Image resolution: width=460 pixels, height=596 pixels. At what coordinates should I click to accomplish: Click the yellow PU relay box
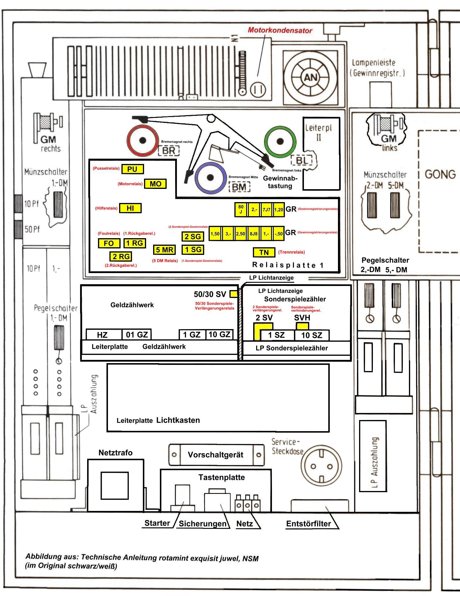pos(133,169)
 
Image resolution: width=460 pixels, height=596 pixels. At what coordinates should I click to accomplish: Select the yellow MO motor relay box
pos(155,184)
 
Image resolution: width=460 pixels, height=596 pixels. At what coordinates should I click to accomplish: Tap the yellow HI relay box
pos(130,208)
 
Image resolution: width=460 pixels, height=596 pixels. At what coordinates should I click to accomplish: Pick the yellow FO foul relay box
pos(109,243)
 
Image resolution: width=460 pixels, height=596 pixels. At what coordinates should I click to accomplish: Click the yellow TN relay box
pos(264,252)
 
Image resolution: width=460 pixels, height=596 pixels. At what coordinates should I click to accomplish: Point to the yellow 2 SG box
pos(192,236)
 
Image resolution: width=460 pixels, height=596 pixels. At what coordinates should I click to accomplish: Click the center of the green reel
pos(280,141)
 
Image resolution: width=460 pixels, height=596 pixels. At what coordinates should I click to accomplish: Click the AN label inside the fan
pos(310,77)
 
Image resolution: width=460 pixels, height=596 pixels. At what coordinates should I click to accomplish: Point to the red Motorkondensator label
pos(280,31)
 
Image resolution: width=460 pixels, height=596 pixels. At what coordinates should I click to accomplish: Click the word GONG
pos(440,175)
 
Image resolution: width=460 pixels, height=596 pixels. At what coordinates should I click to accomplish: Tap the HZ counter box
pos(102,335)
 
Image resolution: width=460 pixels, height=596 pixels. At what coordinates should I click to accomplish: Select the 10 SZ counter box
pos(312,335)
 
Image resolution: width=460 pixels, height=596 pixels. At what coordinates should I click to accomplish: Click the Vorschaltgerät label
pos(216,455)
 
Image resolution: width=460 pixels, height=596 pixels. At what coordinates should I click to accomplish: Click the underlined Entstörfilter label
pos(309,524)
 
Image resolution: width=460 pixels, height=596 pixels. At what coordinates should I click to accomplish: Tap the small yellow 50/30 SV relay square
pos(234,294)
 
